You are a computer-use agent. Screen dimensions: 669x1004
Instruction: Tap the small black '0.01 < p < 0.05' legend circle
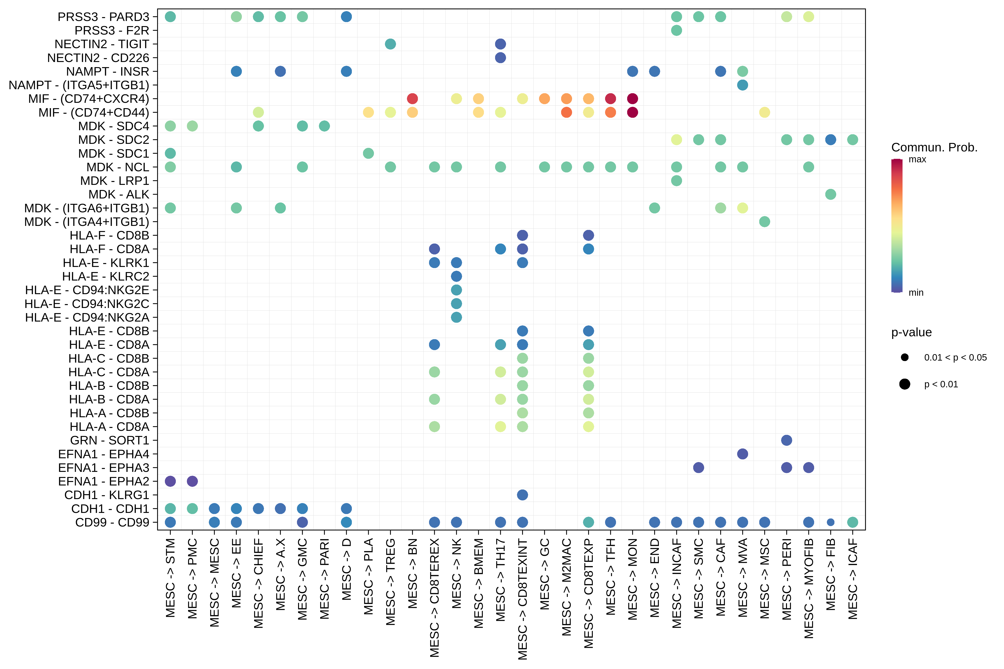(904, 357)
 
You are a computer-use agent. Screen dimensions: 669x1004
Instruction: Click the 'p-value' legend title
(911, 332)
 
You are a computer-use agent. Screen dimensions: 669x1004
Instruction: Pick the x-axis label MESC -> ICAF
(853, 578)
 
